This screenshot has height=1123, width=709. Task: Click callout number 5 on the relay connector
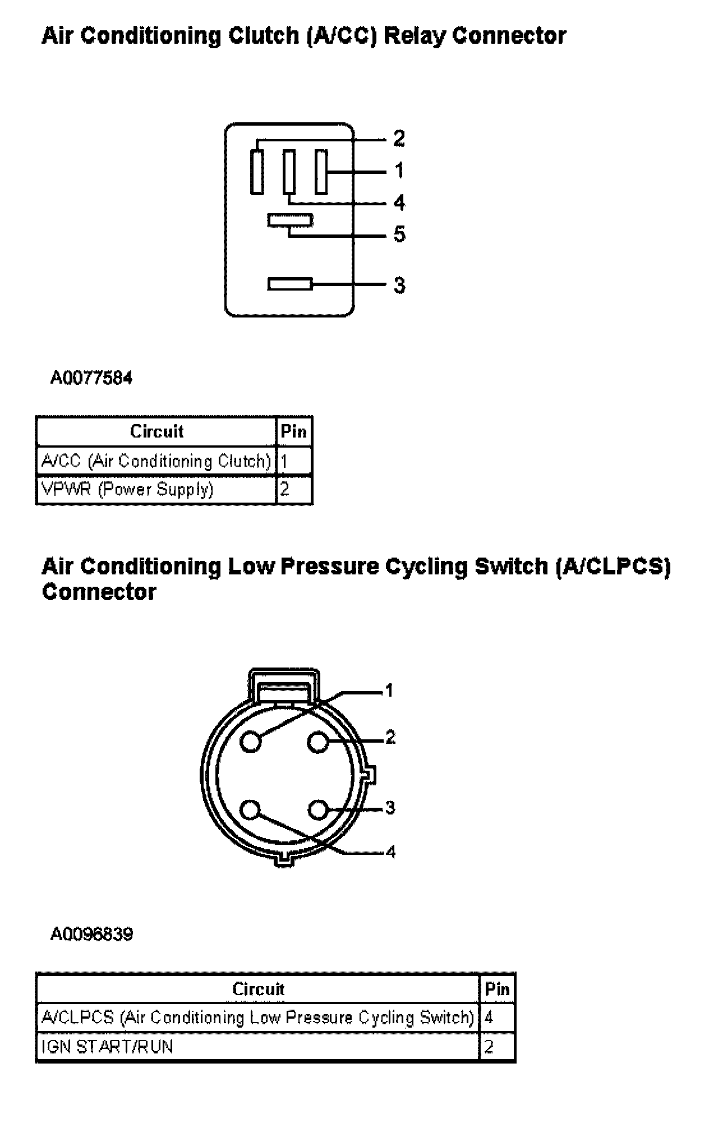point(399,234)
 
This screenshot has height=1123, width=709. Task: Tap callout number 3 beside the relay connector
point(399,285)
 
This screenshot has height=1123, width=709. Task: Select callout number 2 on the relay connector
point(399,139)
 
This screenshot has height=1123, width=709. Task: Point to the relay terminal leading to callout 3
point(289,284)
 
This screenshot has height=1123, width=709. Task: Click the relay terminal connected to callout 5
point(289,220)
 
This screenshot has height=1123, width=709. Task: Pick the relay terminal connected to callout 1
point(321,172)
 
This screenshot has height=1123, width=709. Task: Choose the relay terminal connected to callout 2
point(257,172)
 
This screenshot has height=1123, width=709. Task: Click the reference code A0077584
point(91,378)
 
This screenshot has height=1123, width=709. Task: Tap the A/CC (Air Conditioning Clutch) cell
point(156,461)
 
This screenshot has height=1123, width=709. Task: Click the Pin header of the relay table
point(294,431)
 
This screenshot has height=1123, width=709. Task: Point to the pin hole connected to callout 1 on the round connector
point(251,742)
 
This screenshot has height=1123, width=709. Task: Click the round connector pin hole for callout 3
point(318,810)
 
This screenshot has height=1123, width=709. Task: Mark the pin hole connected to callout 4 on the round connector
point(251,810)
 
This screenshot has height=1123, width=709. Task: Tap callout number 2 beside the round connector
point(390,737)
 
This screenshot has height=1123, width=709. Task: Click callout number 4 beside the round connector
point(390,852)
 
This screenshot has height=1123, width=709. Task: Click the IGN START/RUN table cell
point(107,1047)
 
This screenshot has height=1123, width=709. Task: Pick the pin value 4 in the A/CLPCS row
point(489,1018)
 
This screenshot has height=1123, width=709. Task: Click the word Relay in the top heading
point(414,36)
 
